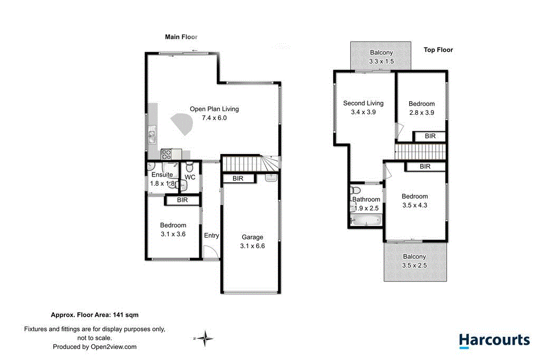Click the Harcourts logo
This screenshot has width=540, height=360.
click(494, 340)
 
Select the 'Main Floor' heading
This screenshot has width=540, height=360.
click(181, 37)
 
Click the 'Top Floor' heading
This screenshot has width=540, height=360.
click(438, 50)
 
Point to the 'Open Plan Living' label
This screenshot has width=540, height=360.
click(214, 109)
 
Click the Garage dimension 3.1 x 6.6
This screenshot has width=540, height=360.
click(252, 246)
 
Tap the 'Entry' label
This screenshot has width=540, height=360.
click(211, 236)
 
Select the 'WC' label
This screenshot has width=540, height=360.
click(190, 178)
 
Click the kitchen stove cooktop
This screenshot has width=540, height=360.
click(166, 154)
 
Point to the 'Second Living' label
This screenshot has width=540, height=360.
click(363, 103)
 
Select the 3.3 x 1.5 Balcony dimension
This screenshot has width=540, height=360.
click(381, 62)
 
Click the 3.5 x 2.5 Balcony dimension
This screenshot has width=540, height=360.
click(414, 266)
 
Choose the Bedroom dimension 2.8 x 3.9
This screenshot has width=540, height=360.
click(421, 113)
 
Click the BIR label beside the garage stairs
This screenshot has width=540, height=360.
click(238, 179)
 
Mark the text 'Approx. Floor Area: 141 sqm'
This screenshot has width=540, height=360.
click(94, 315)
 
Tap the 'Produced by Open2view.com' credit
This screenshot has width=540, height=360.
click(94, 347)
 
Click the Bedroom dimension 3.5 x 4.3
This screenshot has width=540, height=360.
click(414, 205)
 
